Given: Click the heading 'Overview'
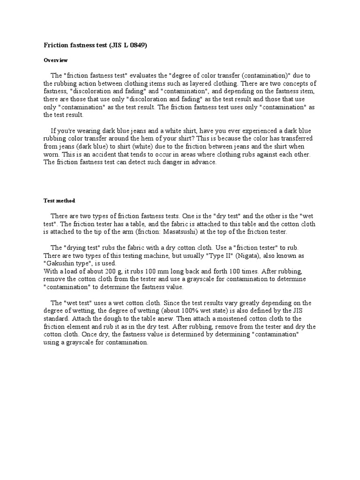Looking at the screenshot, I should click(56, 60).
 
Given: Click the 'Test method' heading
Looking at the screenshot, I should click(59, 201).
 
